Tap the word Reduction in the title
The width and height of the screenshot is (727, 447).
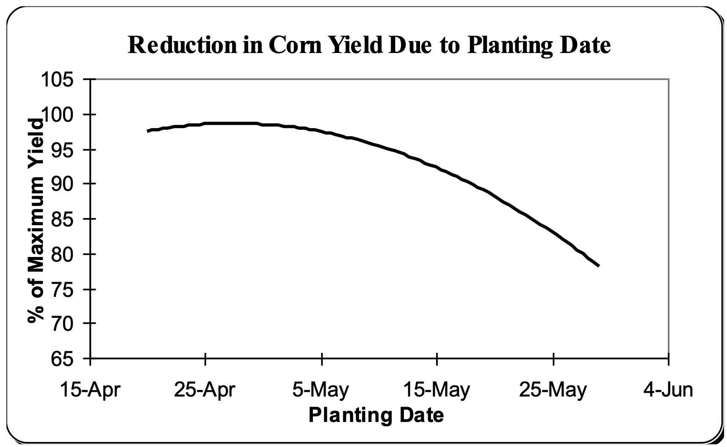pyautogui.click(x=182, y=45)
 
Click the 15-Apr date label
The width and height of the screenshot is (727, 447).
pyautogui.click(x=90, y=389)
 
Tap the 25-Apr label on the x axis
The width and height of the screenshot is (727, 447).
pyautogui.click(x=205, y=389)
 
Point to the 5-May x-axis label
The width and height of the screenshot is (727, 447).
pyautogui.click(x=321, y=389)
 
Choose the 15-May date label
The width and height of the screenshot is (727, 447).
pyautogui.click(x=436, y=389)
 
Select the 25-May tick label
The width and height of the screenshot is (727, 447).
pyautogui.click(x=553, y=389)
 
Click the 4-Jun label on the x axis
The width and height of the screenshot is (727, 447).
pyautogui.click(x=668, y=389)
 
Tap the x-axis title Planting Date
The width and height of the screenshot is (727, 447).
pyautogui.click(x=376, y=415)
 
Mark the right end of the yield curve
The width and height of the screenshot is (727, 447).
pyautogui.click(x=599, y=265)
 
